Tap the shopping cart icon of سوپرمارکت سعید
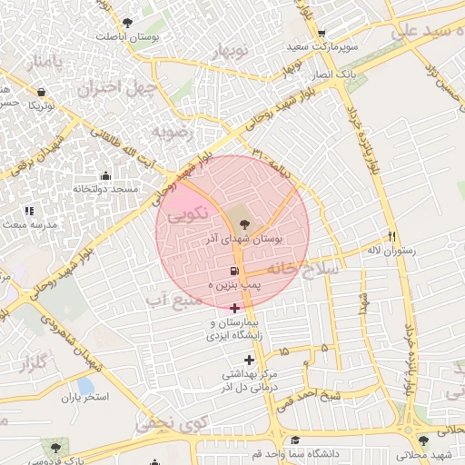click(322, 35)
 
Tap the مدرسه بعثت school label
click(31, 223)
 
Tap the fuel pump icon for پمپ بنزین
click(235, 272)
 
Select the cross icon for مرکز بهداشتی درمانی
click(248, 361)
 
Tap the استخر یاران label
click(84, 398)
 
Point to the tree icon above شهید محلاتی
click(422, 440)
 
